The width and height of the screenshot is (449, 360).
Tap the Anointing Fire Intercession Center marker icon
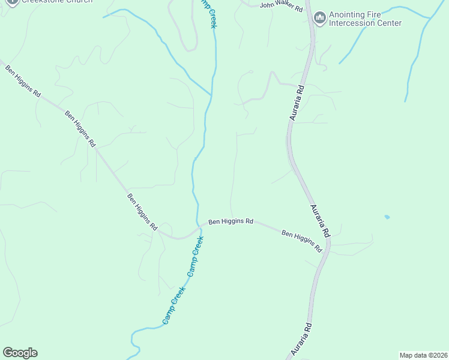(x=319, y=19)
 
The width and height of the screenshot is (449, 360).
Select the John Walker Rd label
(x=282, y=6)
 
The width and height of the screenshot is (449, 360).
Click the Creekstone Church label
(x=57, y=2)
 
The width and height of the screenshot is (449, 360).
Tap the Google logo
(x=20, y=353)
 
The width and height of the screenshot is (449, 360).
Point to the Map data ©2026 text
(x=423, y=355)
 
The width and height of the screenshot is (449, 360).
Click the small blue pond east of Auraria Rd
(x=387, y=217)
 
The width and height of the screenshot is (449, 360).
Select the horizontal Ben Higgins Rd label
(x=231, y=221)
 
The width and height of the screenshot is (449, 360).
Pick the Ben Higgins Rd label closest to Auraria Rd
(x=302, y=241)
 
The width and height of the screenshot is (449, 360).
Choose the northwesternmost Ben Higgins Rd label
(x=23, y=82)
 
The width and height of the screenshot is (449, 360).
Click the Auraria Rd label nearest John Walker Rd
(x=297, y=103)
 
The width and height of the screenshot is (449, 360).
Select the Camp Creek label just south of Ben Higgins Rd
(x=195, y=256)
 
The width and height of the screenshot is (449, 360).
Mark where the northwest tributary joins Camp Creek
(x=211, y=95)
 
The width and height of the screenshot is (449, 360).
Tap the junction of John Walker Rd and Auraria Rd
(x=309, y=10)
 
